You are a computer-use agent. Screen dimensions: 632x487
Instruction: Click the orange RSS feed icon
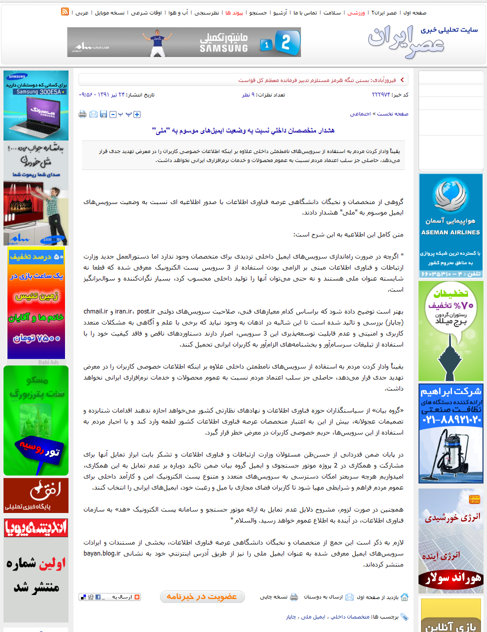coord(65,11)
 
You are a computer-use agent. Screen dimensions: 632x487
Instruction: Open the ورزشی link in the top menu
coord(356,13)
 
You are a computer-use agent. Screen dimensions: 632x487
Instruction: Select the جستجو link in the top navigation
coord(258,13)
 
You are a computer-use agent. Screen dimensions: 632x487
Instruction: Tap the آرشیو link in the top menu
coord(280,13)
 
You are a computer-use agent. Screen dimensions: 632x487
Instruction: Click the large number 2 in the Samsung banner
coord(286,42)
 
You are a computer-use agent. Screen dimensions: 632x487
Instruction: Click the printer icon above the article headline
coord(82,114)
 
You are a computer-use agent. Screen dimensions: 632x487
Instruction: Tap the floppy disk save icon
coord(103,114)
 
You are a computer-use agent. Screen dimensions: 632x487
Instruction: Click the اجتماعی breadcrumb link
coord(360,114)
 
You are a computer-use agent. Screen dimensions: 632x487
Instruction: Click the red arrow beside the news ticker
coord(402,79)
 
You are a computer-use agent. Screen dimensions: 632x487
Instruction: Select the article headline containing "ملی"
coord(243,130)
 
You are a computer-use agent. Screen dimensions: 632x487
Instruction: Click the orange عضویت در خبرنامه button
coord(202,596)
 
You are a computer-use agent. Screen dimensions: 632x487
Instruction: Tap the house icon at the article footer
coord(404,597)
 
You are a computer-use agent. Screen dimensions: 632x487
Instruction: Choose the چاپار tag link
coord(291,617)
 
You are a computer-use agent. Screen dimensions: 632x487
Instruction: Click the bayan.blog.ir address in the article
coord(102,553)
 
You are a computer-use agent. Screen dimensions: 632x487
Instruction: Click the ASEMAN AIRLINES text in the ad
coord(450,232)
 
